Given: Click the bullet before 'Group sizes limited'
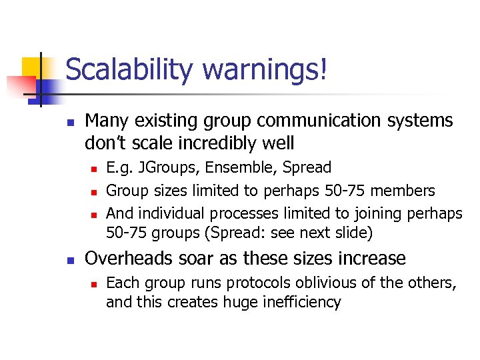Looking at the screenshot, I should (94, 192).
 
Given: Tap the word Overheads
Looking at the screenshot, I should (127, 258).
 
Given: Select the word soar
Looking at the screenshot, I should (193, 258).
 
